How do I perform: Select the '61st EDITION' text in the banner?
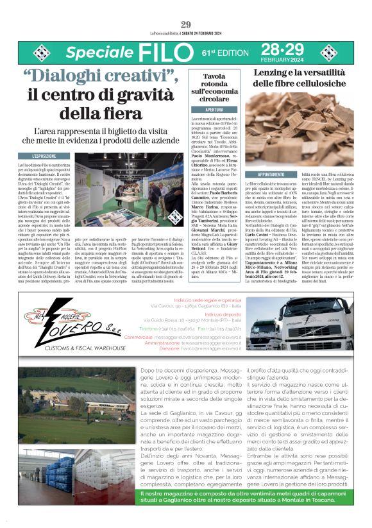point(224,51)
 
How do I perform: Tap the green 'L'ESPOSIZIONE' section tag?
point(49,156)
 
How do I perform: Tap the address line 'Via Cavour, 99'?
point(168,307)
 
